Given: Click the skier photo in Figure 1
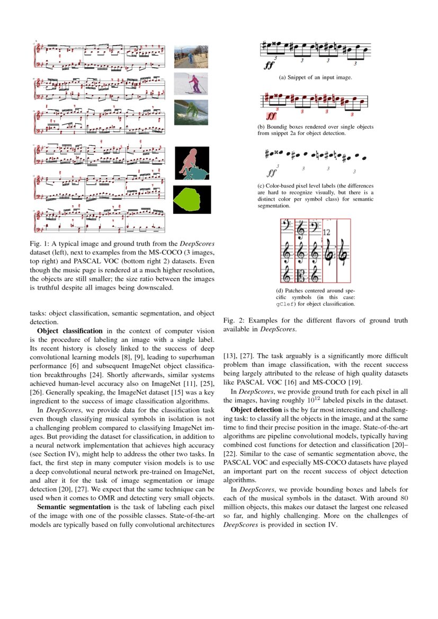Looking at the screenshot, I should pos(191,84).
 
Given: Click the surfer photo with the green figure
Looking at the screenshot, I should pos(191,112).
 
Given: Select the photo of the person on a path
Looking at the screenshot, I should pos(191,57).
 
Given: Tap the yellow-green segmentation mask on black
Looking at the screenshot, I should pos(192,200).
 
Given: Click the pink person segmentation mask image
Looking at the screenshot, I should pos(192,164).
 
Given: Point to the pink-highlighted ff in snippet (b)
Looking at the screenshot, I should pos(272,115).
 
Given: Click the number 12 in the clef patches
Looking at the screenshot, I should pos(326,232).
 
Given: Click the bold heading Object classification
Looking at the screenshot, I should pos(69,331).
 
